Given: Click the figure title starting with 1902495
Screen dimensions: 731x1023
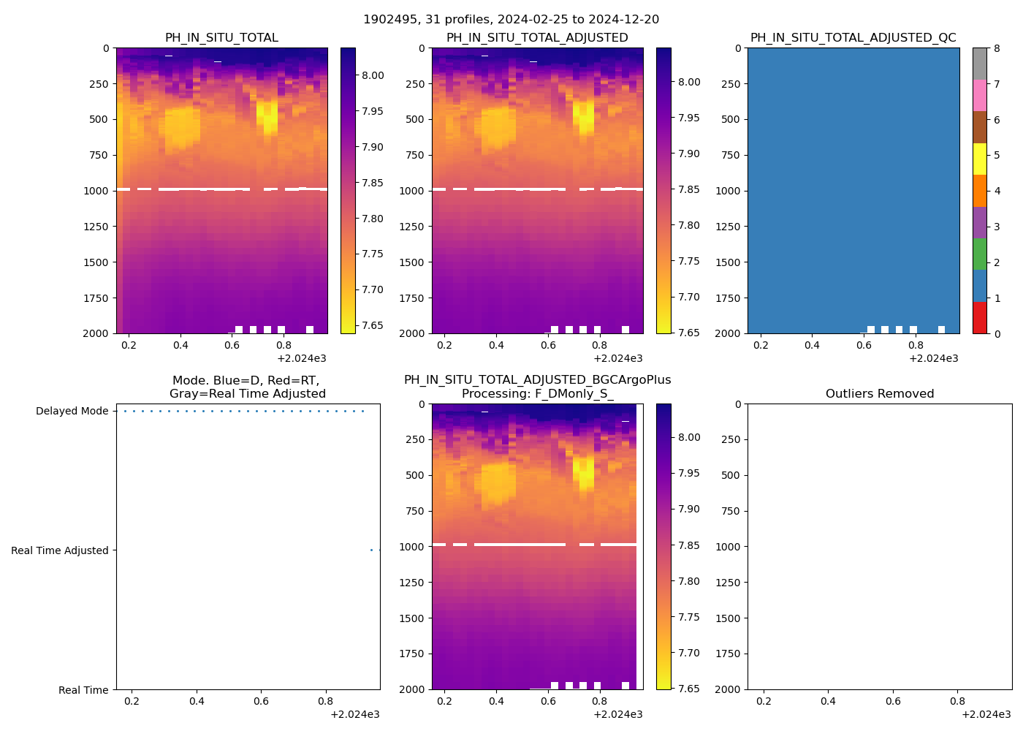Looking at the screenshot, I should point(511,19).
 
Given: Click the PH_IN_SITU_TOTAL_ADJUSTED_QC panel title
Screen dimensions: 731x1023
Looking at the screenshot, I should point(853,37).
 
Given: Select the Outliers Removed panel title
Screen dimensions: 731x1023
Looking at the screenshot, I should point(879,393).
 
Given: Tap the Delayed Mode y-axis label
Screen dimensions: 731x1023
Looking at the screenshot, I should point(72,411).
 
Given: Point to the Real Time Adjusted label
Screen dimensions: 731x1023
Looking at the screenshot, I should point(59,550).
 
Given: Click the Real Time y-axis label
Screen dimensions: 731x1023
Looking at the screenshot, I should point(83,690).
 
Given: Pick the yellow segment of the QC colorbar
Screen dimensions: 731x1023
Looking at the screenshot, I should point(979,159).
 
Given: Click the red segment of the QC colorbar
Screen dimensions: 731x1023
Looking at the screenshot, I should point(979,318).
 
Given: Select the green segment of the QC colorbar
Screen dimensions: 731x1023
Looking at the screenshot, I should point(979,254).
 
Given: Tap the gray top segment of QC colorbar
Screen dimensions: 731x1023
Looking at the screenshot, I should point(979,64).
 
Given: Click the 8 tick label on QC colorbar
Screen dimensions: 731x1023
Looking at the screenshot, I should point(997,48).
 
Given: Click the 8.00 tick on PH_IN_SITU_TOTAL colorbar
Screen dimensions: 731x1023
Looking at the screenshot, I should point(373,75).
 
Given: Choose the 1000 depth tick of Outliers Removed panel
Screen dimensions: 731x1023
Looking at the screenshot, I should point(730,547).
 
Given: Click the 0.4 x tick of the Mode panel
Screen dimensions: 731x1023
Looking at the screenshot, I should point(197,702).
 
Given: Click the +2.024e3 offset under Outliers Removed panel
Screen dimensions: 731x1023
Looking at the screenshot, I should point(986,714).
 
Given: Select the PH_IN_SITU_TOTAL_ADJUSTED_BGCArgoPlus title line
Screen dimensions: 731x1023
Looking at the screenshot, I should point(537,380).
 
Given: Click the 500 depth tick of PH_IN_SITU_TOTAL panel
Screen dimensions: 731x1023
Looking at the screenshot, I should point(99,119).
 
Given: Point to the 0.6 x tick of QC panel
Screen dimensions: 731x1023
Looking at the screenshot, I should point(864,346).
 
